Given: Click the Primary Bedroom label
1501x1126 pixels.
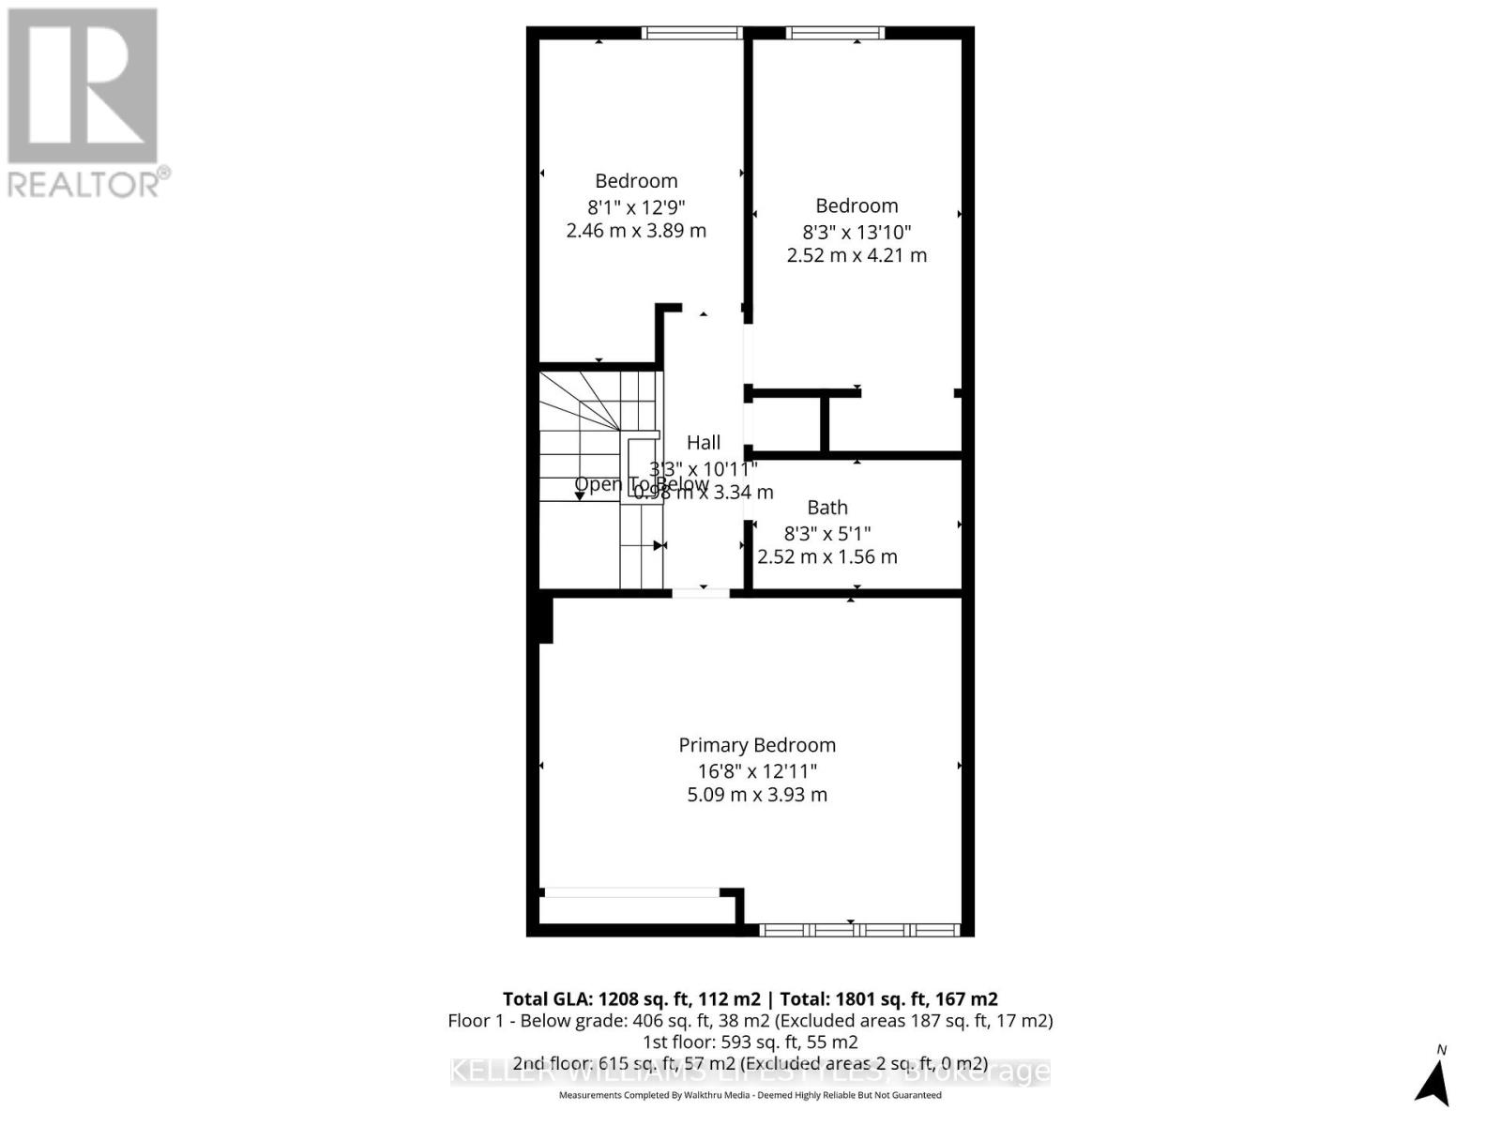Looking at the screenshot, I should (x=757, y=745).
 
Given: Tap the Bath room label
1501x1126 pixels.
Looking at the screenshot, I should (x=827, y=508).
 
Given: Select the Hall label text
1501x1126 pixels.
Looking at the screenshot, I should (x=704, y=443).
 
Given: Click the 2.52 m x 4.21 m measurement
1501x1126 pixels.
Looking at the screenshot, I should (x=857, y=255).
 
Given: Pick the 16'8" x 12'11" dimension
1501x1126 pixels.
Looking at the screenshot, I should (x=757, y=770).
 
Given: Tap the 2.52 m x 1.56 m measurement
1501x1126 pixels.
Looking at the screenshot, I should (x=827, y=556).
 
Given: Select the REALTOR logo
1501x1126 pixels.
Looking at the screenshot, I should (x=84, y=103).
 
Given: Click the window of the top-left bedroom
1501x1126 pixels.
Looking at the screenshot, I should (x=692, y=33).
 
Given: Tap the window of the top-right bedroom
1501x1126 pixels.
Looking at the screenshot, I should (x=836, y=33).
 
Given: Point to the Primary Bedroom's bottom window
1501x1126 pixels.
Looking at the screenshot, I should (x=859, y=930).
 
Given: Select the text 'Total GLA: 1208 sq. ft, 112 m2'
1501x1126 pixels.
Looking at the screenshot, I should (x=631, y=999).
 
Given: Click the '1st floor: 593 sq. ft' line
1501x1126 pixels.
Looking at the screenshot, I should (x=750, y=1042).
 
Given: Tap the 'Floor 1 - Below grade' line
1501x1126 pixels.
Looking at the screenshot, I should (x=750, y=1021).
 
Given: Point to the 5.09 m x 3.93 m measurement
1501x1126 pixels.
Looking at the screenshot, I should (x=757, y=795).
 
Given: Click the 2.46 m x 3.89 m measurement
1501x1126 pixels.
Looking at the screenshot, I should (x=636, y=231).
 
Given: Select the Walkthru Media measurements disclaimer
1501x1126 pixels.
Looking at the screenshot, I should (x=750, y=1095).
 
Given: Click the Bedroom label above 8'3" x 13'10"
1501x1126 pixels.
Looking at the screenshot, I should (x=857, y=205).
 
